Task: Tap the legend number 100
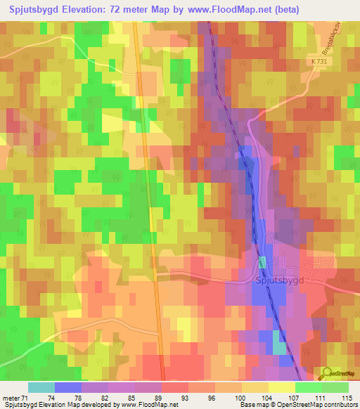241,397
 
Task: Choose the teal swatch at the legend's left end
41,387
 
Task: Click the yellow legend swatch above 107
281,387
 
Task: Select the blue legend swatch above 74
68,387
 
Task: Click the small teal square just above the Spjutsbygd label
262,262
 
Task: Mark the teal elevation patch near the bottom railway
279,348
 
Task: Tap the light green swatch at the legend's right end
335,387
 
